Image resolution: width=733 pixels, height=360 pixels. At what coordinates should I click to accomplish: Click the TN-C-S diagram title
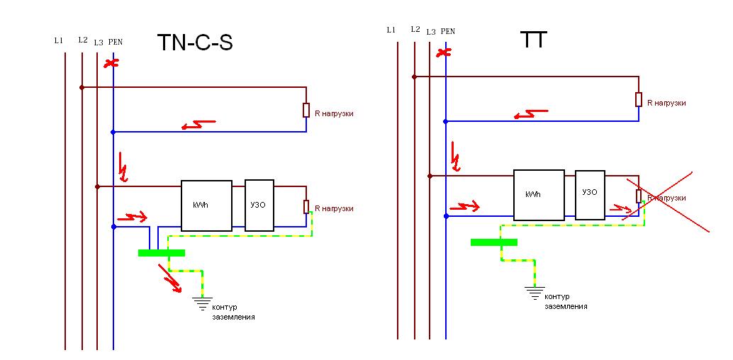pyautogui.click(x=195, y=43)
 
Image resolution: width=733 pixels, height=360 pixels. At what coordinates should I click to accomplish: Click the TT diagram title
pyautogui.click(x=533, y=40)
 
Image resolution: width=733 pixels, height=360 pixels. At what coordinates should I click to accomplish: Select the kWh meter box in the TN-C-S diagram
pyautogui.click(x=206, y=206)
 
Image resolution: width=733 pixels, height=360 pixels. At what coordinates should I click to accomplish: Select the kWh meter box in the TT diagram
pyautogui.click(x=539, y=194)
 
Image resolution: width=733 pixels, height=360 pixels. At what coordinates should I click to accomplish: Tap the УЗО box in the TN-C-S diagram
pyautogui.click(x=259, y=206)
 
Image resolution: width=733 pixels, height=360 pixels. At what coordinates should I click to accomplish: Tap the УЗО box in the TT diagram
pyautogui.click(x=590, y=195)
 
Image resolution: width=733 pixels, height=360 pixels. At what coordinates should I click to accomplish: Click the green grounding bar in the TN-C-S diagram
pyautogui.click(x=162, y=253)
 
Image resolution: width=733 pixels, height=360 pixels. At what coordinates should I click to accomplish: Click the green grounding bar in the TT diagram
pyautogui.click(x=493, y=242)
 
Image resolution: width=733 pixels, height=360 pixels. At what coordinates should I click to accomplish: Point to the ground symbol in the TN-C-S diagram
pyautogui.click(x=203, y=303)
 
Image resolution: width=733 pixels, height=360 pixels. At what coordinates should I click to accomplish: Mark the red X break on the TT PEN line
pyautogui.click(x=444, y=52)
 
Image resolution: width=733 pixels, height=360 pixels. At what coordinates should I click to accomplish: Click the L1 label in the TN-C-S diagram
pyautogui.click(x=58, y=40)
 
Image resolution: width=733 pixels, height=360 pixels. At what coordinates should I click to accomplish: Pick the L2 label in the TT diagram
pyautogui.click(x=415, y=30)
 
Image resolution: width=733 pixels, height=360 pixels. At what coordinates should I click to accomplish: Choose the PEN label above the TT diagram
pyautogui.click(x=448, y=31)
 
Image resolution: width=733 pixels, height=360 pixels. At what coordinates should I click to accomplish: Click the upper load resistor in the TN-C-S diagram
pyautogui.click(x=306, y=110)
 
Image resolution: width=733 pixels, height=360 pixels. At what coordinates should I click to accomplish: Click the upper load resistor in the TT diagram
pyautogui.click(x=639, y=100)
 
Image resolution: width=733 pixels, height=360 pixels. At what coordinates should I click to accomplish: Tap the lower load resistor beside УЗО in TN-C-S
pyautogui.click(x=306, y=206)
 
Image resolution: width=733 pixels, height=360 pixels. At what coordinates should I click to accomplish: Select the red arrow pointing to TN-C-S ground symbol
pyautogui.click(x=170, y=279)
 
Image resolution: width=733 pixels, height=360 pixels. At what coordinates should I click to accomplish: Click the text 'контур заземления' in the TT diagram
pyautogui.click(x=566, y=302)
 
